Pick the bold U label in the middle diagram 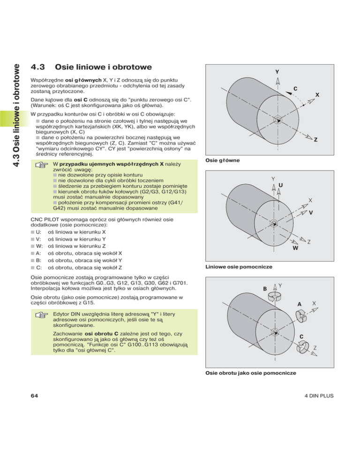281,185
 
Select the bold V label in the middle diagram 311,212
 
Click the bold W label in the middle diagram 295,248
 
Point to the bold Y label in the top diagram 277,72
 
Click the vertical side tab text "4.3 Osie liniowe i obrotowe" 15,101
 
